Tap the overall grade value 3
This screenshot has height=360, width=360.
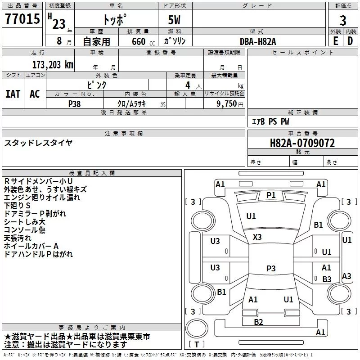tap(343, 20)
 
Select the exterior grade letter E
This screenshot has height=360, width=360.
tap(335, 40)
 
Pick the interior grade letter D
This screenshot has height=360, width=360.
tap(351, 40)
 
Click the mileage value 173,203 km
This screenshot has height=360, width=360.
tap(52, 64)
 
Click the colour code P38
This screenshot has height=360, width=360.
tap(74, 103)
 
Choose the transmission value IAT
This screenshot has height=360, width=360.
tap(13, 94)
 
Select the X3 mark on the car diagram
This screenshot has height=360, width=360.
tap(257, 237)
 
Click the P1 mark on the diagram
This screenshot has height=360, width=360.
tap(271, 195)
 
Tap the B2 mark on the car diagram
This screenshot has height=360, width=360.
tap(258, 322)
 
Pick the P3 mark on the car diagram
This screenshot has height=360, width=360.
tap(271, 268)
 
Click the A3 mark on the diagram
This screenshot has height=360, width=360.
tap(346, 276)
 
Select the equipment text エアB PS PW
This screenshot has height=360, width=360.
tap(270, 121)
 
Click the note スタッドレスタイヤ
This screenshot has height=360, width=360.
tap(38, 143)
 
